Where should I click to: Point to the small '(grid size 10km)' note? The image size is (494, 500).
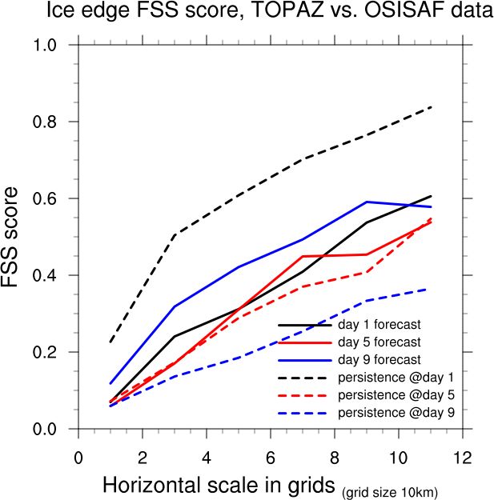[x=391, y=490]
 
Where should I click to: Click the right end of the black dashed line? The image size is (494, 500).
[x=431, y=107]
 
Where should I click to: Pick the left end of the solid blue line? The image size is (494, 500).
[x=110, y=383]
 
